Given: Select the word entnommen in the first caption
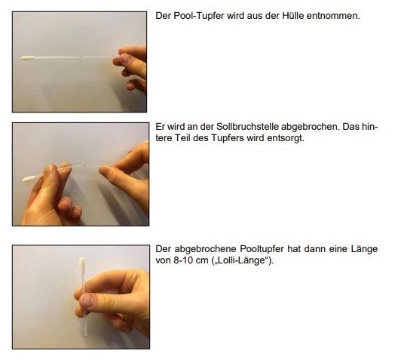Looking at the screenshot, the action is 333,16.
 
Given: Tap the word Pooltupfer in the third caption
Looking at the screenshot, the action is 262,249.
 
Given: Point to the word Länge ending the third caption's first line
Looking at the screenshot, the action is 364,249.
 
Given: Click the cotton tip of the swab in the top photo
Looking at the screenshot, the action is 28,57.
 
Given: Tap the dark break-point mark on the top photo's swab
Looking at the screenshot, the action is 81,57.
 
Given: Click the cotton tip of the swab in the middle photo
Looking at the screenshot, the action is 28,179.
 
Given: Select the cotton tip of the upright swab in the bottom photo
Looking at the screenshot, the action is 82,264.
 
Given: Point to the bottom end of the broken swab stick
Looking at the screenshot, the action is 85,336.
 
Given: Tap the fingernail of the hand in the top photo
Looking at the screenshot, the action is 126,57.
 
